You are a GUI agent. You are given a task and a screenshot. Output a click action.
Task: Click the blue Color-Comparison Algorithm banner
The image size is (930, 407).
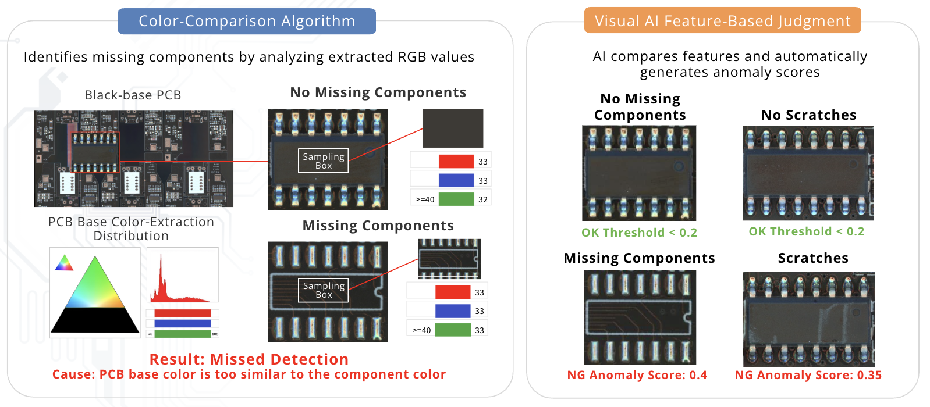click(x=247, y=22)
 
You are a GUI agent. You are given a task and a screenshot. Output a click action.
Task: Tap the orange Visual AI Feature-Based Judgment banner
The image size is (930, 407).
click(x=722, y=22)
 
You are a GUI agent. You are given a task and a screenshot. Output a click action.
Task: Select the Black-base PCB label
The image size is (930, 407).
click(x=133, y=95)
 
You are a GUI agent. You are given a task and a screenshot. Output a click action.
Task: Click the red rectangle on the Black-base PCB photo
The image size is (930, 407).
click(x=95, y=152)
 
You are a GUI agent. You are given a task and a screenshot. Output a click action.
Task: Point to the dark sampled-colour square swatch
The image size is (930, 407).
click(x=453, y=128)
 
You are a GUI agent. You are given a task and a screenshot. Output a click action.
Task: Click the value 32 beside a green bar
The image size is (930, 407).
click(x=483, y=199)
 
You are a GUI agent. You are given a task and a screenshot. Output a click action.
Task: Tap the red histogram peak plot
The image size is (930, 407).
click(x=182, y=275)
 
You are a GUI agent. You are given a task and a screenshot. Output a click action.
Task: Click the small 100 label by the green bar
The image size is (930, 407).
click(x=215, y=334)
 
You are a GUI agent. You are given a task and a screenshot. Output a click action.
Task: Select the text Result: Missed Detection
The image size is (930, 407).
click(x=249, y=359)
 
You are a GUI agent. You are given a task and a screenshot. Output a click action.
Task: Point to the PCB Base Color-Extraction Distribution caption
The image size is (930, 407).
click(x=131, y=229)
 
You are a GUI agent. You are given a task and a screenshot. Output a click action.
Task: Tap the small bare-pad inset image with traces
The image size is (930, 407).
click(x=449, y=259)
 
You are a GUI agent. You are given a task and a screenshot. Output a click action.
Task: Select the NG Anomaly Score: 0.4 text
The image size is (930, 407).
click(x=637, y=375)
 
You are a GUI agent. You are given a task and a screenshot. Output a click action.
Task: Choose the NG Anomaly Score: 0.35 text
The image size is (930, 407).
click(x=808, y=375)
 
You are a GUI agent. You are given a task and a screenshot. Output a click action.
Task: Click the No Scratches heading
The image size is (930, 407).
click(x=808, y=115)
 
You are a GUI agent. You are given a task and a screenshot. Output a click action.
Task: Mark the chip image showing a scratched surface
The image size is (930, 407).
click(x=808, y=319)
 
